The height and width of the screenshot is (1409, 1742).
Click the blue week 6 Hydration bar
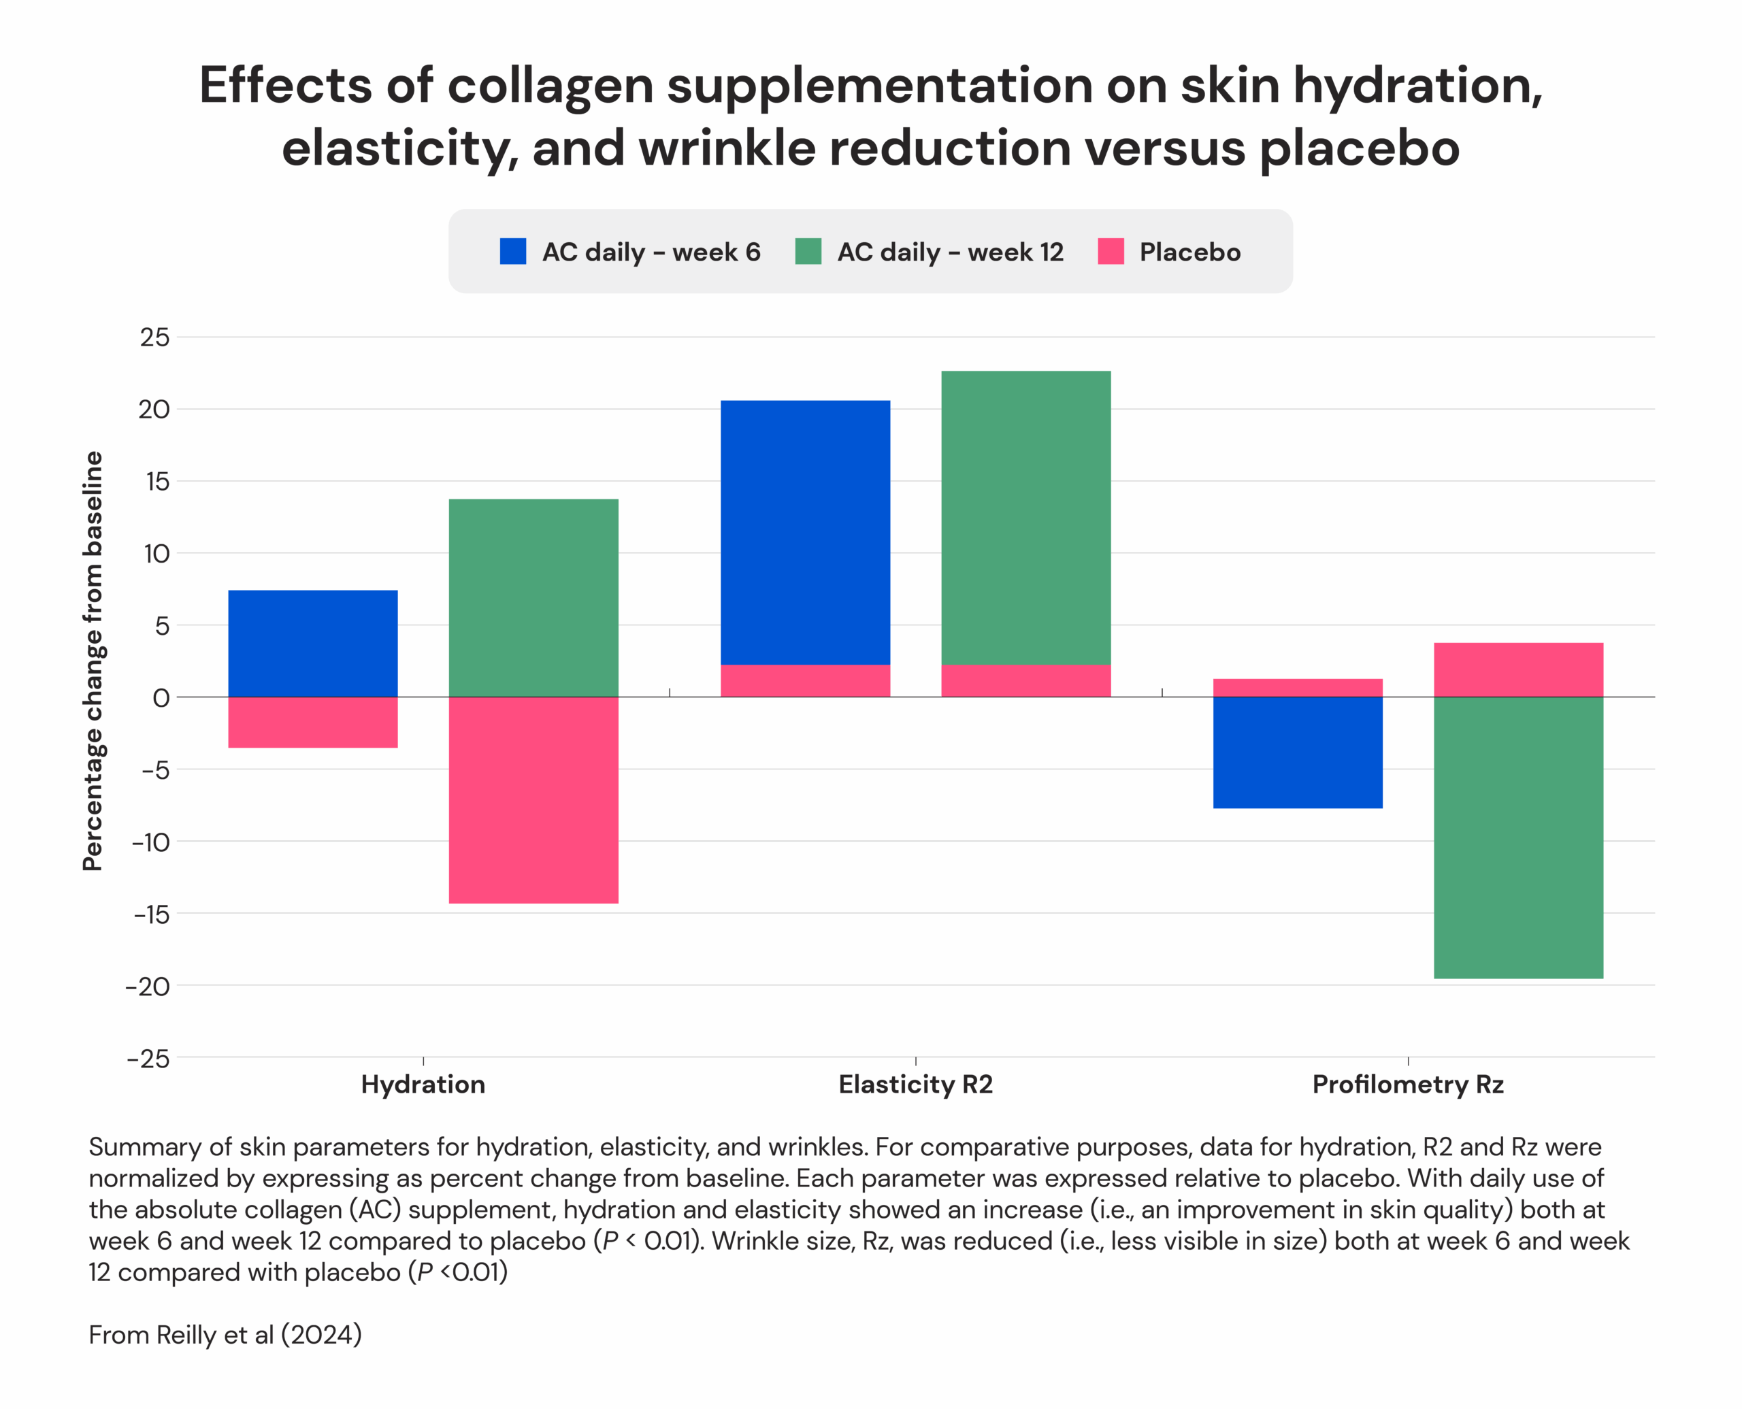312,643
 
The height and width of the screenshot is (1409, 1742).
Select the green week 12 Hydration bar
533,597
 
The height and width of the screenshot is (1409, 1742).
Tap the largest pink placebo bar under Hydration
533,799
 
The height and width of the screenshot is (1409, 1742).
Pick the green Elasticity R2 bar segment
1025,517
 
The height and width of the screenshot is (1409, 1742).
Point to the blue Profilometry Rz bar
1297,752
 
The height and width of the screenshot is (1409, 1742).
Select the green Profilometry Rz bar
1518,837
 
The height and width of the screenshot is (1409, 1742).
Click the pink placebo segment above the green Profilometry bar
1518,669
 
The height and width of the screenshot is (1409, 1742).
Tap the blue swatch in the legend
513,252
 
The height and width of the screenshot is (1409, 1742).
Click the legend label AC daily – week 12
950,252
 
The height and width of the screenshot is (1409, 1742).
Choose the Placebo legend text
1189,252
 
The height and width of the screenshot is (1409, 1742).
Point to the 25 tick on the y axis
154,337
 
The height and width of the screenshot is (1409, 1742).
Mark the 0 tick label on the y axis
161,698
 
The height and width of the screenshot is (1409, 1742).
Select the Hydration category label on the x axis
423,1084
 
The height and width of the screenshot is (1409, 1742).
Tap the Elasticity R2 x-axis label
916,1084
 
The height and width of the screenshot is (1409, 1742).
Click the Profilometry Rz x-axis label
1408,1084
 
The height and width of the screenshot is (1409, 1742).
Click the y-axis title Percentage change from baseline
93,661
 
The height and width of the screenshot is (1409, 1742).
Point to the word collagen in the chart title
550,85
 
